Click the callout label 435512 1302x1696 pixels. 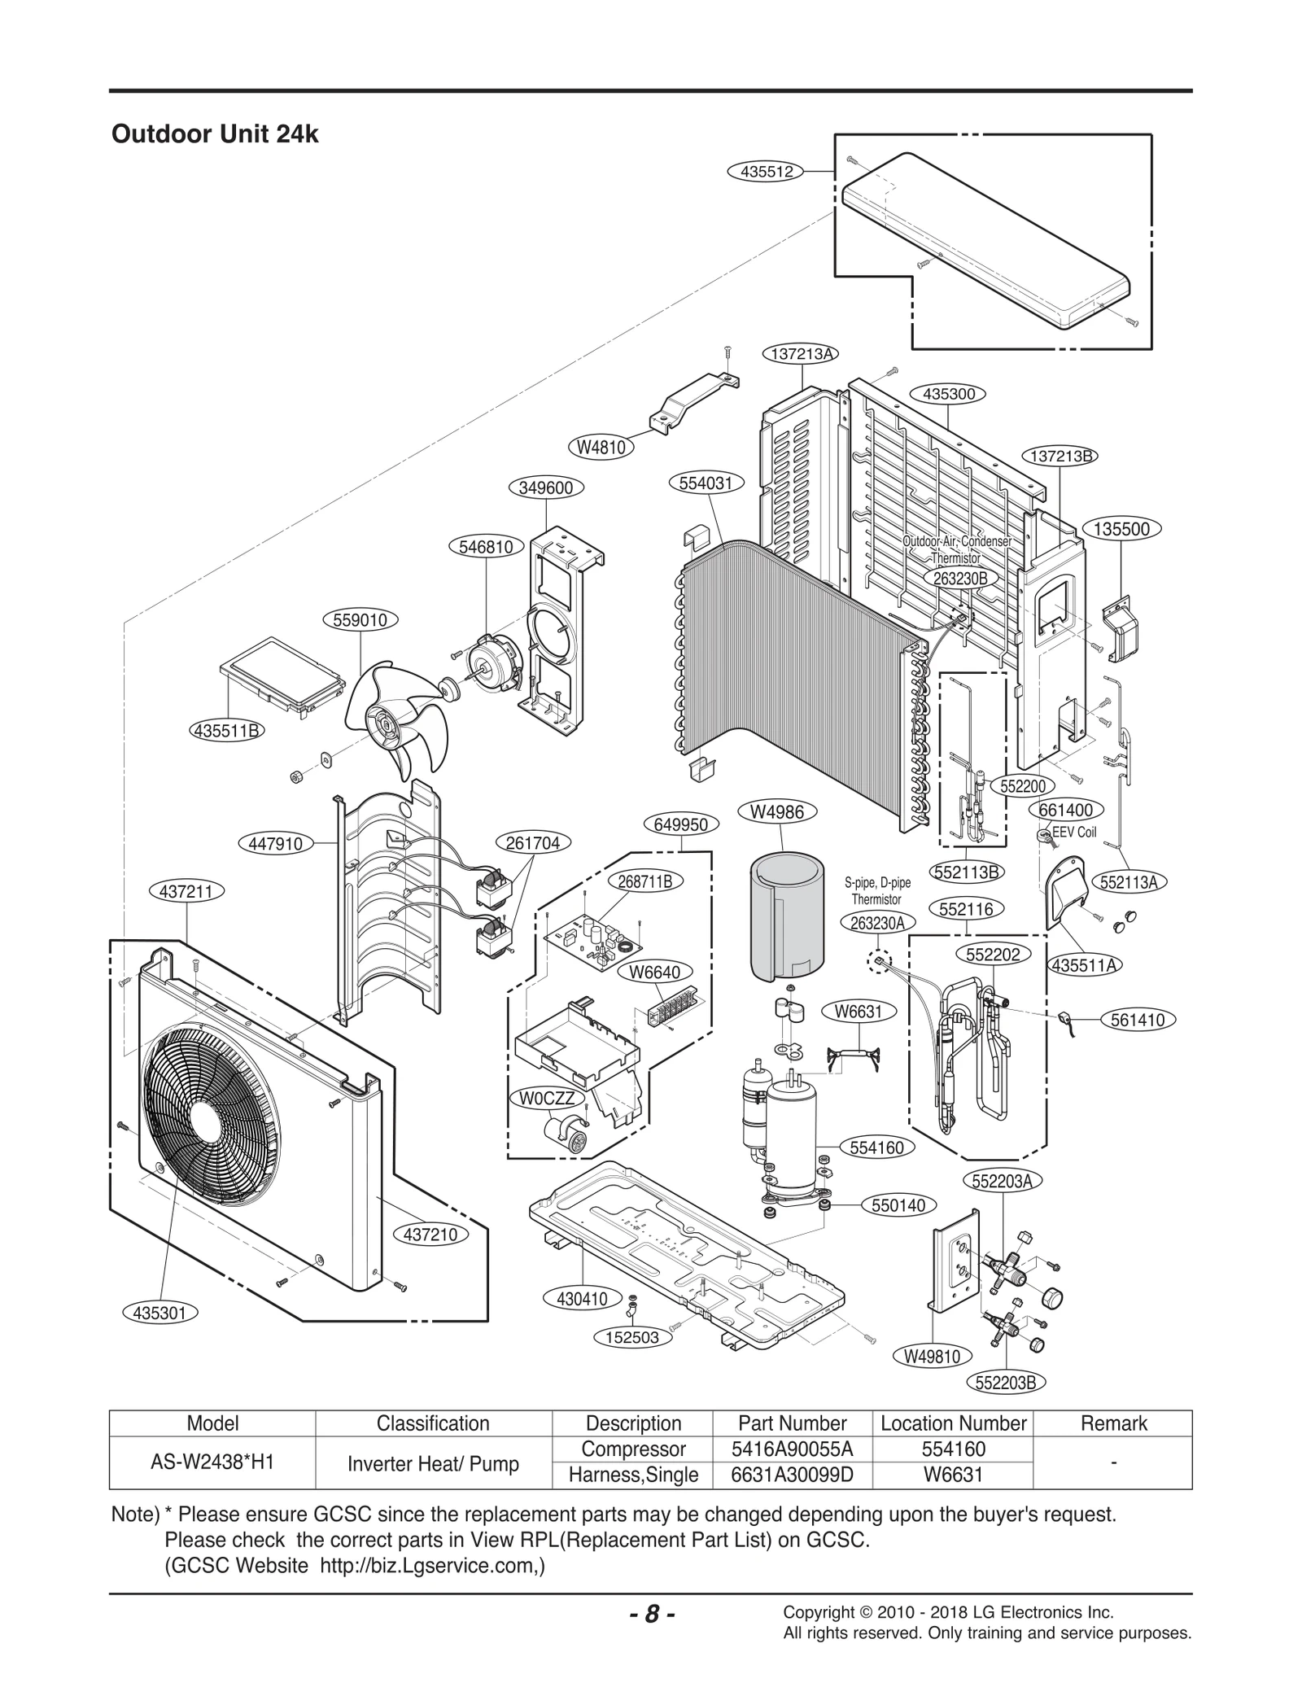point(766,172)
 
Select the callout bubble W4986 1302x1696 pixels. point(776,811)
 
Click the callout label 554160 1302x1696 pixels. point(876,1147)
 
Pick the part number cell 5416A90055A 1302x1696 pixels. point(792,1449)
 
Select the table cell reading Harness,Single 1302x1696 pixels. point(632,1475)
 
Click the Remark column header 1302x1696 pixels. point(1112,1423)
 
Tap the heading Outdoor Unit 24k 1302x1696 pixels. point(215,134)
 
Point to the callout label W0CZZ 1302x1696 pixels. point(547,1099)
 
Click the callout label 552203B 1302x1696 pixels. point(1007,1382)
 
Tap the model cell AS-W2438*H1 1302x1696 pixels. point(212,1462)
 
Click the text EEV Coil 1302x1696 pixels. point(1074,833)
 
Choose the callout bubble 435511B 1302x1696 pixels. point(226,730)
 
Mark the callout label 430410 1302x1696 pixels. point(582,1300)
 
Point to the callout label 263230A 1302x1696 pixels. point(878,922)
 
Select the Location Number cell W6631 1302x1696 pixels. point(953,1475)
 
